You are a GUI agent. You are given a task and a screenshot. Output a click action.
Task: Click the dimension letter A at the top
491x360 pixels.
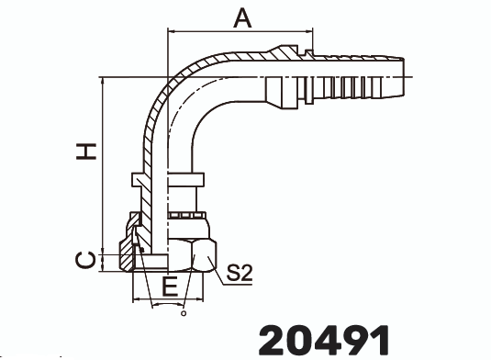pos(241,17)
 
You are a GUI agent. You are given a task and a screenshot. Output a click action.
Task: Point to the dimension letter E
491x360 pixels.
pos(169,287)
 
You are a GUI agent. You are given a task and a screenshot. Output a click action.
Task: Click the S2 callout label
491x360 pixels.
pos(240,272)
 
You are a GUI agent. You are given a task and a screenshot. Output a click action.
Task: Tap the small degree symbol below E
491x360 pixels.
pos(184,314)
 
